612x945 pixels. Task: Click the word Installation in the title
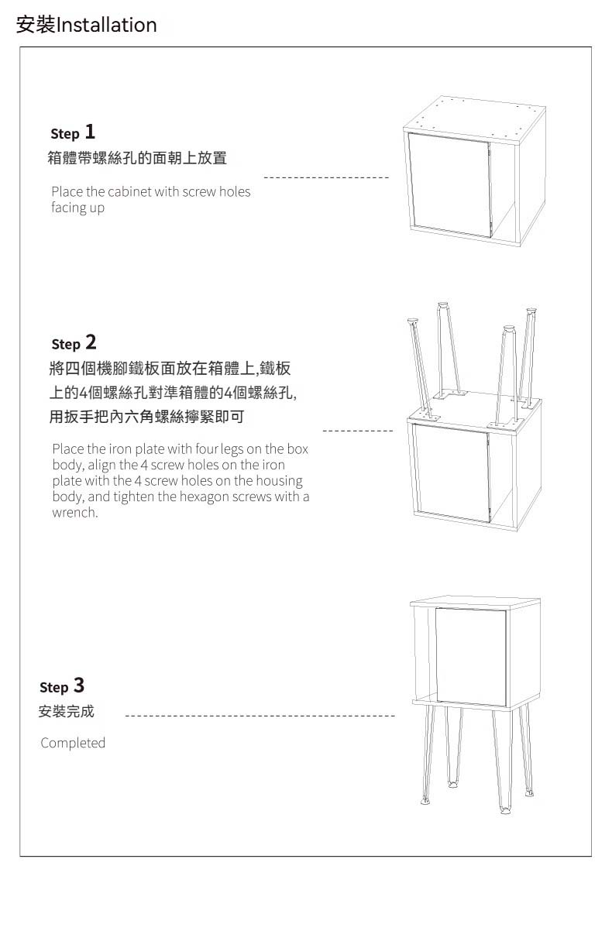tap(106, 25)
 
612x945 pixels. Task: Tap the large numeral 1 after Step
tap(90, 132)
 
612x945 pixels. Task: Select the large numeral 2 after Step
tap(91, 342)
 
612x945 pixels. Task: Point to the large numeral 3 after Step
tap(79, 685)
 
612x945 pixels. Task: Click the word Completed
tap(73, 743)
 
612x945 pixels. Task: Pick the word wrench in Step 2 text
tap(74, 512)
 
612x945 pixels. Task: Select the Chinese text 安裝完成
tap(67, 711)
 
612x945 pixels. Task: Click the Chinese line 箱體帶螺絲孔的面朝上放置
tap(137, 158)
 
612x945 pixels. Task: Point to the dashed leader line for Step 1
tap(326, 177)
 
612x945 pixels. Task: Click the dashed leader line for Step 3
tap(260, 716)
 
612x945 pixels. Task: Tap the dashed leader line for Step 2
tap(358, 431)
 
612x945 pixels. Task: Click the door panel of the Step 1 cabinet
tap(449, 185)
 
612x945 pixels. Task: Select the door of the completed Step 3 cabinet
tap(470, 657)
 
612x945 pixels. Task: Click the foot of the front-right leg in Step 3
tap(505, 810)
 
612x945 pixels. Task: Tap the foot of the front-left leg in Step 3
tap(425, 801)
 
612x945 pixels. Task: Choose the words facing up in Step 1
tap(77, 208)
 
